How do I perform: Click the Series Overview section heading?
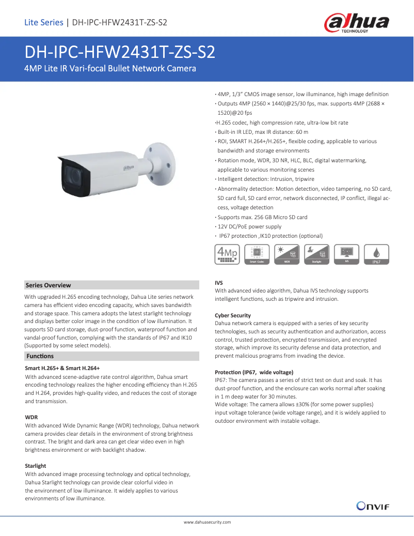pos(48,285)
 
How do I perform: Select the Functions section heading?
pos(40,356)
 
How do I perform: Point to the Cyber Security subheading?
pos(233,315)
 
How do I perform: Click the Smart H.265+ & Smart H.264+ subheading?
pos(62,368)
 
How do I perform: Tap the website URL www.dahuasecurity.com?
pos(207,522)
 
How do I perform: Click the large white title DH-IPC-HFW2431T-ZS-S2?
pos(120,53)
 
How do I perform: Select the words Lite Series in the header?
pos(43,22)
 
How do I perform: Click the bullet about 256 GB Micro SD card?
pos(262,217)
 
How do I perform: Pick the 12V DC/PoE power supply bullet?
pos(249,226)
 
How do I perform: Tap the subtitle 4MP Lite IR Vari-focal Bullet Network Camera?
pos(110,68)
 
